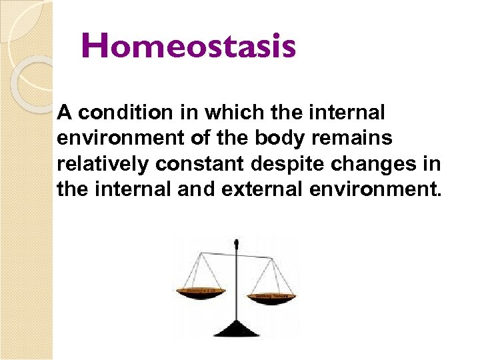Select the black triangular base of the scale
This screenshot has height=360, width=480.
[x=235, y=329]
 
